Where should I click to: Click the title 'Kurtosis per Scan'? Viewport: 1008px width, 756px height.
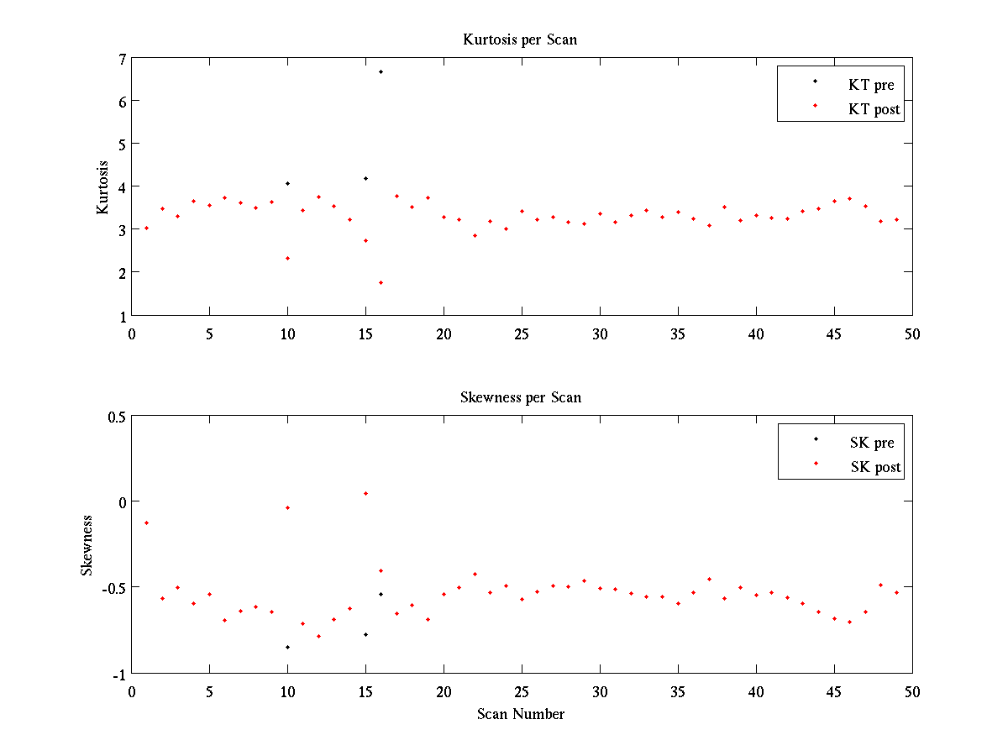[x=520, y=39]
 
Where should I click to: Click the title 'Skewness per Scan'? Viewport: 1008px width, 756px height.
[x=520, y=397]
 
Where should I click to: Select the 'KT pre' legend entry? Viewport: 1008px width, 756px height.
[x=871, y=85]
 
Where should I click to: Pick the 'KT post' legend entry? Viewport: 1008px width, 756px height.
[x=874, y=109]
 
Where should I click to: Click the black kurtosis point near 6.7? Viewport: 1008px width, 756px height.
[x=381, y=72]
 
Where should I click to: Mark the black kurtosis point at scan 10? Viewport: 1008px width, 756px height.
[x=287, y=183]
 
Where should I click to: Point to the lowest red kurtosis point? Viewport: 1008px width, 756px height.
[x=381, y=282]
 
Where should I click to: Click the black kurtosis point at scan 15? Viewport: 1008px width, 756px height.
[x=365, y=178]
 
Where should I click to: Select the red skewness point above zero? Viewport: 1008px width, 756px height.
[x=365, y=493]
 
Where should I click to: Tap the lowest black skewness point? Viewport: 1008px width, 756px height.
[x=287, y=647]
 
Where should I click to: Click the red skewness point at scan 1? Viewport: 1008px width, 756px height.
[x=146, y=522]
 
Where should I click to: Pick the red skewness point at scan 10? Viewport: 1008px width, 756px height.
[x=287, y=507]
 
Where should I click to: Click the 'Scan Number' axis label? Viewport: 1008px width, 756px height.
[x=520, y=714]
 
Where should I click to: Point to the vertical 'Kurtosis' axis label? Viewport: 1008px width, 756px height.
[x=102, y=186]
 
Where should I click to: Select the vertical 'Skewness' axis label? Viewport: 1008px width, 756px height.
[x=87, y=545]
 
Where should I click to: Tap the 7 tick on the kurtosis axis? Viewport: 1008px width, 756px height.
[x=122, y=59]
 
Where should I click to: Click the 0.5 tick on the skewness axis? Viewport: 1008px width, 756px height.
[x=115, y=417]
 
